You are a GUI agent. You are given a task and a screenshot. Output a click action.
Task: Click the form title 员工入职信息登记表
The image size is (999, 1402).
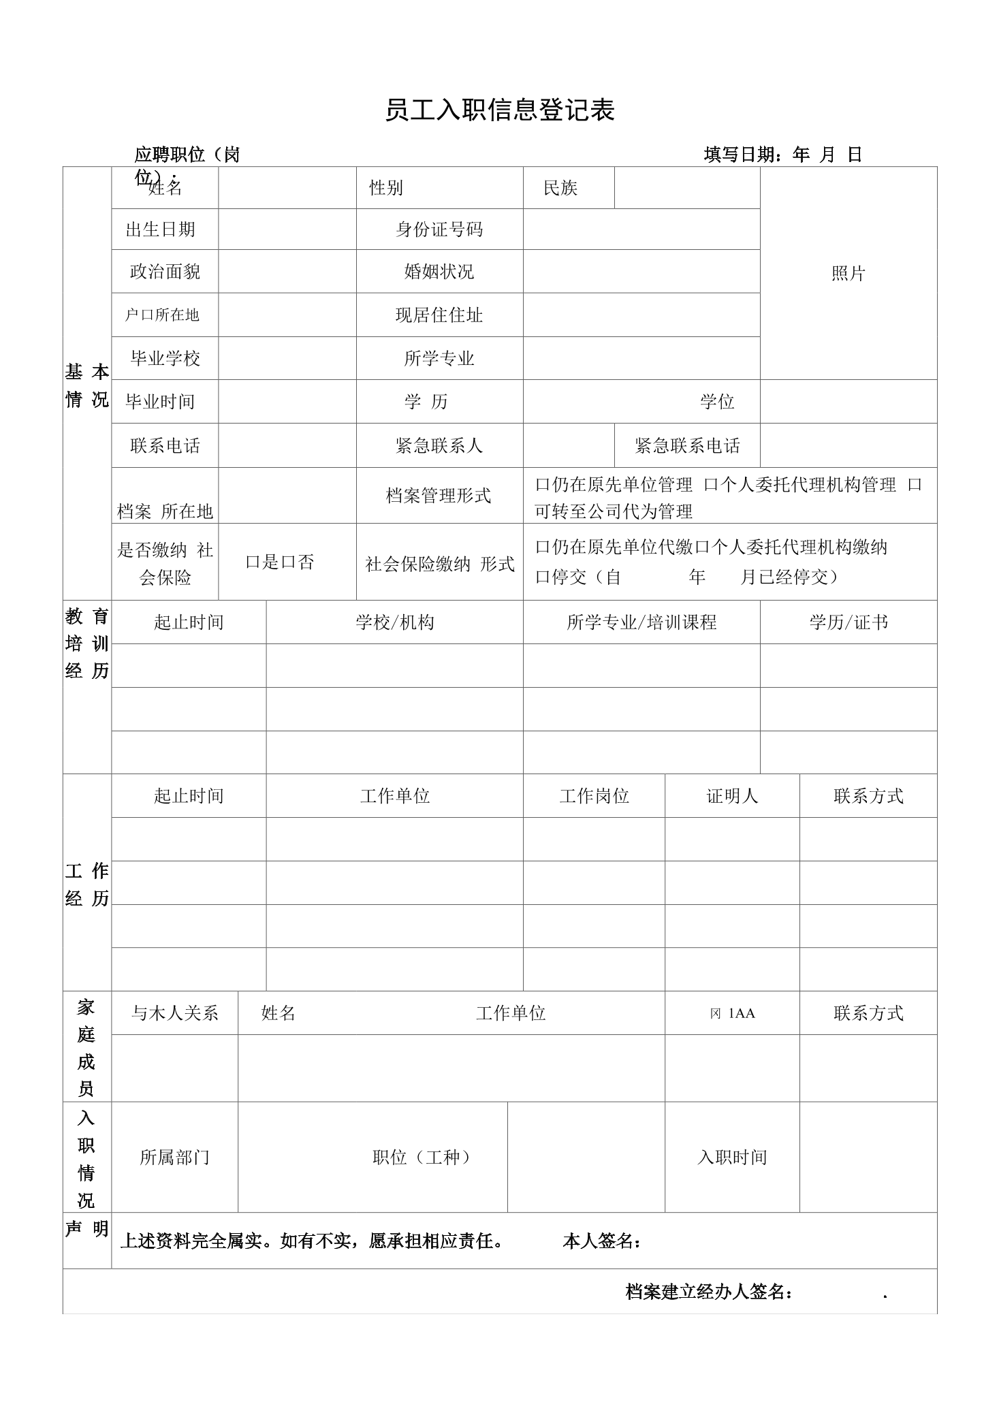pos(499,110)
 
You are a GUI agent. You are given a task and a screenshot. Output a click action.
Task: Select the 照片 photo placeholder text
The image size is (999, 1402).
pos(848,274)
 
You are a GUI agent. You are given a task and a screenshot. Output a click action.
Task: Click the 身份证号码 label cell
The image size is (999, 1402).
pos(439,229)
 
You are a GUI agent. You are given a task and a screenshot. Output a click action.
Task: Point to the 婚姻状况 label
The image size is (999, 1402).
pos(439,272)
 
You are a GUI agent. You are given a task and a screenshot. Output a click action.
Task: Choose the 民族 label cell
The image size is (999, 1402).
pos(560,188)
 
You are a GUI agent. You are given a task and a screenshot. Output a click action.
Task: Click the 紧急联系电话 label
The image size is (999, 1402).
pos(687,446)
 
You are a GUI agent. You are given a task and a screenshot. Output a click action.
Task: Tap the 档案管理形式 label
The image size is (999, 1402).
pos(439,496)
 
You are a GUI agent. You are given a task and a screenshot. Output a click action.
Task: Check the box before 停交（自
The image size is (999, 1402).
pos(542,577)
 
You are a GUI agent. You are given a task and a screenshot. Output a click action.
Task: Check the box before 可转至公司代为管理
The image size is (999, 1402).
pos(915,485)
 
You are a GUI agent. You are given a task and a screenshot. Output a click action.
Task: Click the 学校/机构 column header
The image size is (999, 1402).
pos(394,622)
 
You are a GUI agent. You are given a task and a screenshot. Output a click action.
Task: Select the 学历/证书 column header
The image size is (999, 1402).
pos(848,622)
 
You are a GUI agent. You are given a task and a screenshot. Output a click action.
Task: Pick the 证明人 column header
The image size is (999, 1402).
pos(731,796)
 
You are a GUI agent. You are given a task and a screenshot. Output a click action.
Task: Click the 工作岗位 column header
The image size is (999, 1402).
pos(594,796)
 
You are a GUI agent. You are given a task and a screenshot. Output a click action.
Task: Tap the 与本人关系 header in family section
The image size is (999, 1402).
pos(174,1013)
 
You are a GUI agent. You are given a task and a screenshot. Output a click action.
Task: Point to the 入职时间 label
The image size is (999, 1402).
pos(731,1157)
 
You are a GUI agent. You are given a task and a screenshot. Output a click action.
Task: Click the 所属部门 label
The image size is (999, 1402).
pos(174,1157)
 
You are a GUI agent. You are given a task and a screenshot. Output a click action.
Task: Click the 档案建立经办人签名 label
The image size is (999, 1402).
pos(708,1292)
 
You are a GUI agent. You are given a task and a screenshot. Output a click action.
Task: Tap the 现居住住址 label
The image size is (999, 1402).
pos(439,315)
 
